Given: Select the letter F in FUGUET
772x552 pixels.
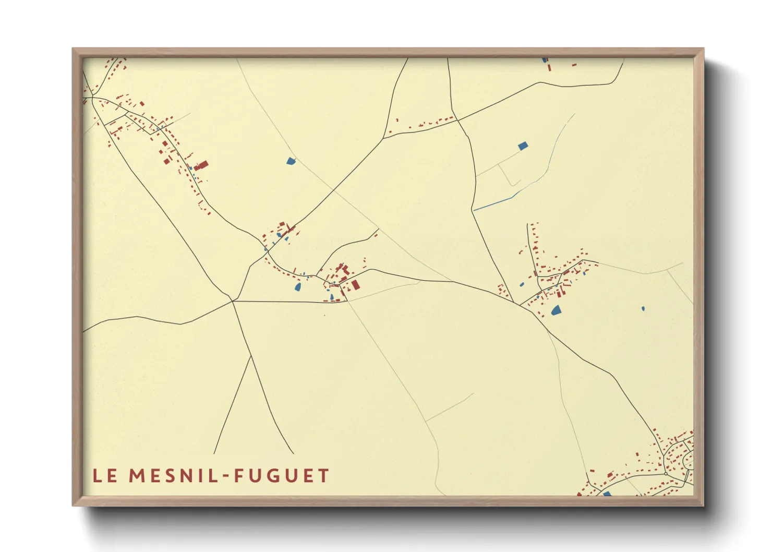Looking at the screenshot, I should (239, 476).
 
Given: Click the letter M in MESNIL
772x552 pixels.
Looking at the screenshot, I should (137, 476).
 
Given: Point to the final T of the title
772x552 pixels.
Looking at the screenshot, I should (324, 476).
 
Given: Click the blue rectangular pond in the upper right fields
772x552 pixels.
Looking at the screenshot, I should (523, 146).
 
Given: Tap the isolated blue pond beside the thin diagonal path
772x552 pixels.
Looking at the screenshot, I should (291, 161).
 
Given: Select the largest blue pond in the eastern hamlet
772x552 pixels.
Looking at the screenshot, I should (556, 310).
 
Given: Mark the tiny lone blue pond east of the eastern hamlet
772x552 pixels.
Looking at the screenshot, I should (643, 308).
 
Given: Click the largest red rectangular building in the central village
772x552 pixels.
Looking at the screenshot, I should (356, 284).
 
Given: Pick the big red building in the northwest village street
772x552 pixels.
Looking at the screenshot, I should (202, 165).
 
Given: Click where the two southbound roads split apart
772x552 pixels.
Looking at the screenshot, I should (251, 356).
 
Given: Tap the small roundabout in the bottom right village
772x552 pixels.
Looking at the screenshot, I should (666, 474).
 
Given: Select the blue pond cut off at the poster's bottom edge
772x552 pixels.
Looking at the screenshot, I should (607, 494).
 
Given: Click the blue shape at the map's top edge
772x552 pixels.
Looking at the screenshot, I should (545, 60).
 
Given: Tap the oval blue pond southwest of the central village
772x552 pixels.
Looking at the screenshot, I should (298, 286).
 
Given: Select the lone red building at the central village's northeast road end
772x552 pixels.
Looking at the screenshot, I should (375, 235).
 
